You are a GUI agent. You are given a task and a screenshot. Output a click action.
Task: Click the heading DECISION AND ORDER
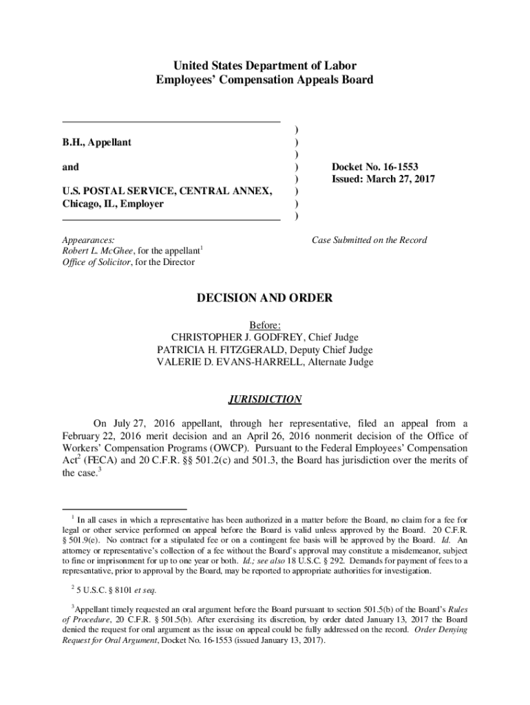coord(265,298)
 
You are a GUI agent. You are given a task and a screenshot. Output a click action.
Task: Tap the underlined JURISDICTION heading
coord(265,399)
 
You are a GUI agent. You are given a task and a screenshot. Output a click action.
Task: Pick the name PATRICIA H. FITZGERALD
coord(219,349)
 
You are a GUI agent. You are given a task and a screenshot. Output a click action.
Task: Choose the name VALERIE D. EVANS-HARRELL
coord(230,362)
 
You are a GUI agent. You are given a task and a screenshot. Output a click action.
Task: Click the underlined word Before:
coord(265,324)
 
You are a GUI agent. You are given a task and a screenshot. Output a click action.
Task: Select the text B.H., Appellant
coord(97,142)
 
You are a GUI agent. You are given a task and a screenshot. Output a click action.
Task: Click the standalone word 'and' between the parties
coord(71,167)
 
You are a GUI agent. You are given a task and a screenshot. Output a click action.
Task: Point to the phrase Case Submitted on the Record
coord(369,240)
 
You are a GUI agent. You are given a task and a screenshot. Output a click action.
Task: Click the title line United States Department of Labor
coord(265,66)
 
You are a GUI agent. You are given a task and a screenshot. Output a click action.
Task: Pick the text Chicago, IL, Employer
coord(114,204)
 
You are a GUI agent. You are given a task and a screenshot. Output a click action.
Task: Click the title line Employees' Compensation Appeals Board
coord(265,80)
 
